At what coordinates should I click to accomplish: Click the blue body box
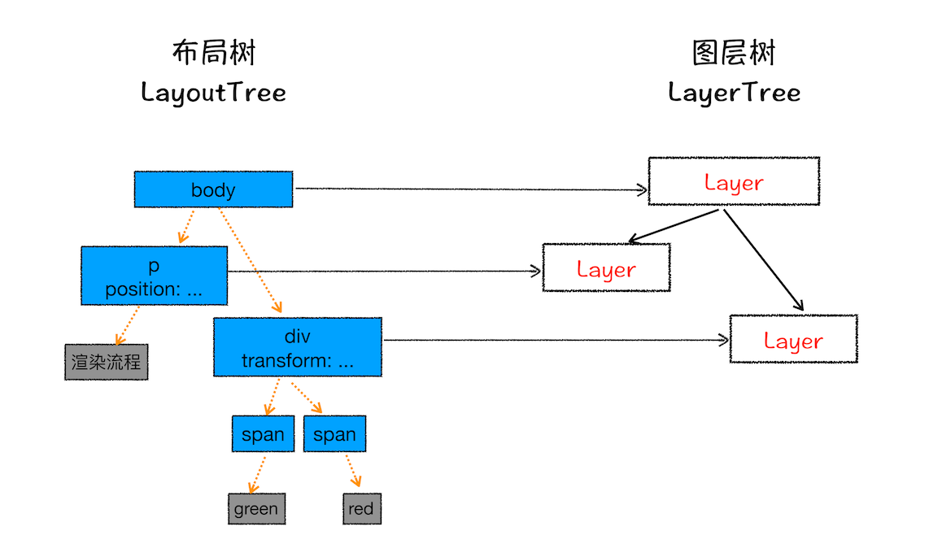tap(213, 189)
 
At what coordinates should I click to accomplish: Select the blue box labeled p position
tap(154, 276)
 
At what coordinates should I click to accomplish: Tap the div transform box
tap(297, 347)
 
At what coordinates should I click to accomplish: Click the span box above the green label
tap(263, 434)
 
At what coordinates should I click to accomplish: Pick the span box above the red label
tap(334, 434)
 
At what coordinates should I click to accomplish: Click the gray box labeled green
tap(256, 509)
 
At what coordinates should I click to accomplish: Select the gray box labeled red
tap(360, 509)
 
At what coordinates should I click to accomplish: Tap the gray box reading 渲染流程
tap(106, 362)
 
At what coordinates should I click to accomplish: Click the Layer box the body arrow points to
tap(733, 181)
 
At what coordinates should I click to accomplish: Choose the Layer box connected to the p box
tap(606, 267)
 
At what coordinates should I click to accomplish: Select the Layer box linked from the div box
tap(793, 339)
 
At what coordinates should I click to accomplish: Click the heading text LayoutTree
tap(213, 92)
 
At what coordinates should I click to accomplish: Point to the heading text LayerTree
tap(734, 92)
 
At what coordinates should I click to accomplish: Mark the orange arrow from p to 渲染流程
tap(127, 325)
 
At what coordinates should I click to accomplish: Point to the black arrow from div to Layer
tap(553, 340)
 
